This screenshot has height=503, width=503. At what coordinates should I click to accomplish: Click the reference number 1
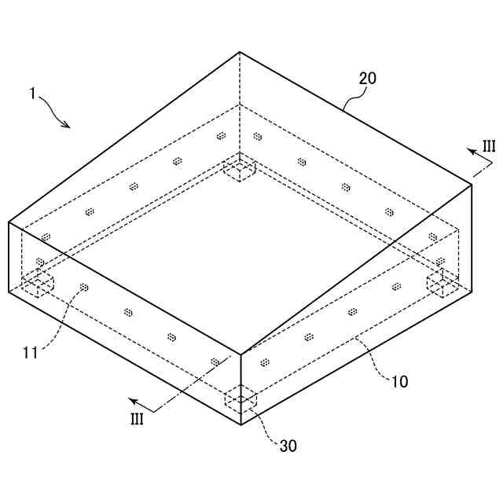pos(32,94)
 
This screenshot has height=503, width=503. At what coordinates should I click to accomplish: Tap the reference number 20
pos(368,79)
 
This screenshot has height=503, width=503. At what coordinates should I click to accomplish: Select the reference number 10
pos(399,382)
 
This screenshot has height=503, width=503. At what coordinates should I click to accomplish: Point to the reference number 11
pos(31,353)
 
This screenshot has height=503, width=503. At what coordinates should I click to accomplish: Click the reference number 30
pos(288,446)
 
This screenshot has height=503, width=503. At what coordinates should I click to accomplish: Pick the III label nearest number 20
pos(488,146)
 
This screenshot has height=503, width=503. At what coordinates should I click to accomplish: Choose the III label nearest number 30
pos(137,419)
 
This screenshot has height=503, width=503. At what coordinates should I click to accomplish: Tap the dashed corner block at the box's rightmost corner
pos(442,285)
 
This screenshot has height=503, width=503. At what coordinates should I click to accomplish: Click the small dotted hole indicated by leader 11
pos(84,288)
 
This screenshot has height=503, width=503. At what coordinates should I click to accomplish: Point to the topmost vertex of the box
pos(240,52)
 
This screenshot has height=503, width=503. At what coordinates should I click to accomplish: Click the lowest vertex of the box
pos(240,424)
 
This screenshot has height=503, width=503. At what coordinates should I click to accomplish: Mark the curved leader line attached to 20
pos(352,98)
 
